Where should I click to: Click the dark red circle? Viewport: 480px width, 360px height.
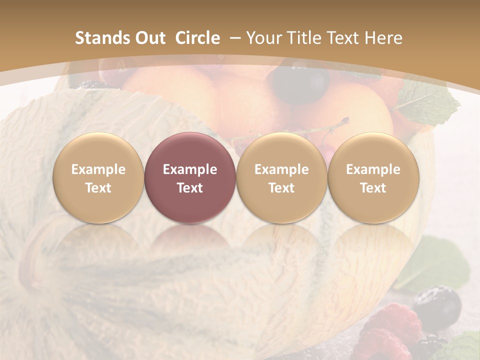pos(189,177)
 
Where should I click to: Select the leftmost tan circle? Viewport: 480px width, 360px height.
pos(98,177)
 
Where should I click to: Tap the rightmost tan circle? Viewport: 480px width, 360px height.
pos(373,177)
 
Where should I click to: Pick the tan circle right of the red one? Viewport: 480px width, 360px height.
pos(281,177)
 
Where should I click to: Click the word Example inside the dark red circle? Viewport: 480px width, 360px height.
pos(190,169)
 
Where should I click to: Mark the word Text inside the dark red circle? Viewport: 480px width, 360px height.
pos(190,188)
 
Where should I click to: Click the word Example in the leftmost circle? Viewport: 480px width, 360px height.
pos(98,169)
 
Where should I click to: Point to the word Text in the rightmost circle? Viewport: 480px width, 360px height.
pos(373,188)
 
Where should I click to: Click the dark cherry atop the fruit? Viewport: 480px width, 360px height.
pos(300,82)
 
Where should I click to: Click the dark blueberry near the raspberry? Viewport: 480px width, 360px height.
pos(438,305)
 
